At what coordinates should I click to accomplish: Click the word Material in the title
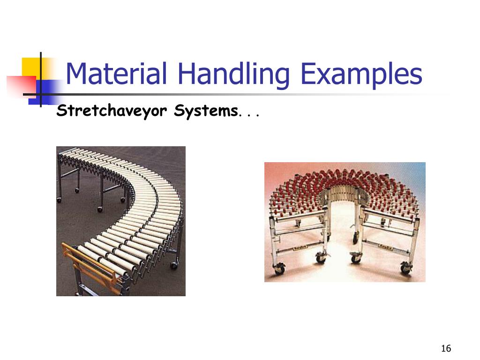pyautogui.click(x=117, y=74)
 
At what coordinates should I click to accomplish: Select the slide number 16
pyautogui.click(x=445, y=348)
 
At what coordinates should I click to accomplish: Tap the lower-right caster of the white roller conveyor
pyautogui.click(x=174, y=265)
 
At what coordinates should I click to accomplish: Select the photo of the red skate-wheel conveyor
pyautogui.click(x=345, y=222)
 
